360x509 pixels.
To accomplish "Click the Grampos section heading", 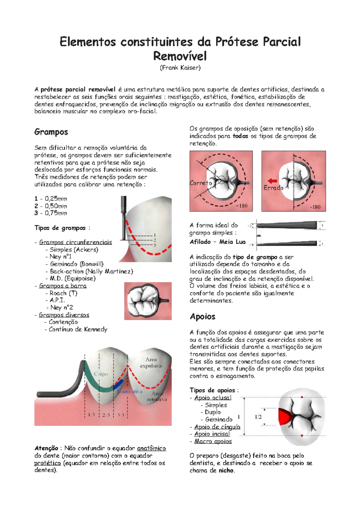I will pos(51,132).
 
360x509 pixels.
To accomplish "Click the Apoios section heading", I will pos(202,317).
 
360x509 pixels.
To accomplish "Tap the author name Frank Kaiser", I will pos(180,68).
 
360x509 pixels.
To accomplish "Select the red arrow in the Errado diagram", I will pos(272,181).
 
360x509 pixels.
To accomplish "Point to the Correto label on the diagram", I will pos(200,183).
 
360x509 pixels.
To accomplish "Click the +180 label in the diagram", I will pos(241,206).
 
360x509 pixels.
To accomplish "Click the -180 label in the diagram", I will pos(315,207).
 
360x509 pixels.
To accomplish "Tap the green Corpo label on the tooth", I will pos(100,374).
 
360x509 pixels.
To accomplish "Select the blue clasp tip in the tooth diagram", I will pos(118,385).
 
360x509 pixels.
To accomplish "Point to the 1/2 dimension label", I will pos(258,417).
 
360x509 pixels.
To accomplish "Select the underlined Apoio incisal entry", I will pos(212,434).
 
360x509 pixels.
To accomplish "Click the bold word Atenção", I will pos(46,448).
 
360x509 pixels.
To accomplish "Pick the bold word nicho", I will pos(226,470).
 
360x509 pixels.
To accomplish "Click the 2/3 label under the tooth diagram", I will pos(106,415).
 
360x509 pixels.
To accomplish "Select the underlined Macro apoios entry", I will pos(213,441).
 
